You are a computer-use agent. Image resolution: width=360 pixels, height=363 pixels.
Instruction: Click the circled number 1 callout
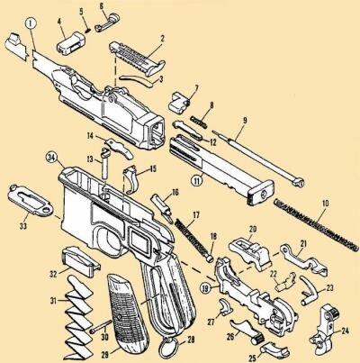[31, 23]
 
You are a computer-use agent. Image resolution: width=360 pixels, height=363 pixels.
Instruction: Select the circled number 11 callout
[197, 181]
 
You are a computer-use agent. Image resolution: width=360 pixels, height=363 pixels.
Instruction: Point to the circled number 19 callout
[205, 289]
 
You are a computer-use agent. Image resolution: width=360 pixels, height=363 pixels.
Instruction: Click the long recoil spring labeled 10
[317, 224]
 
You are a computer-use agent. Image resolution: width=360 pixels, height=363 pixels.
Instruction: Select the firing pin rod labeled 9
[257, 159]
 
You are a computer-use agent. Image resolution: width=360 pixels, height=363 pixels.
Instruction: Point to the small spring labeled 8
[198, 122]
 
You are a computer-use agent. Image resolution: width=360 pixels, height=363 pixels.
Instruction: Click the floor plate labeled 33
[30, 200]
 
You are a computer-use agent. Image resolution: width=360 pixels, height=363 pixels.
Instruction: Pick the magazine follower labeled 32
[80, 261]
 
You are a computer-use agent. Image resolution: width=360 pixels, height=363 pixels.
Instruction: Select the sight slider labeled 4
[71, 44]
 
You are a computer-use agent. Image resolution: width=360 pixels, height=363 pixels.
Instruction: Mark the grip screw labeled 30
[101, 326]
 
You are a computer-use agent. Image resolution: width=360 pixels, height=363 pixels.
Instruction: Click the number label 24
[345, 331]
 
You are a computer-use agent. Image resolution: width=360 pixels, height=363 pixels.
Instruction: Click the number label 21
[303, 244]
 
